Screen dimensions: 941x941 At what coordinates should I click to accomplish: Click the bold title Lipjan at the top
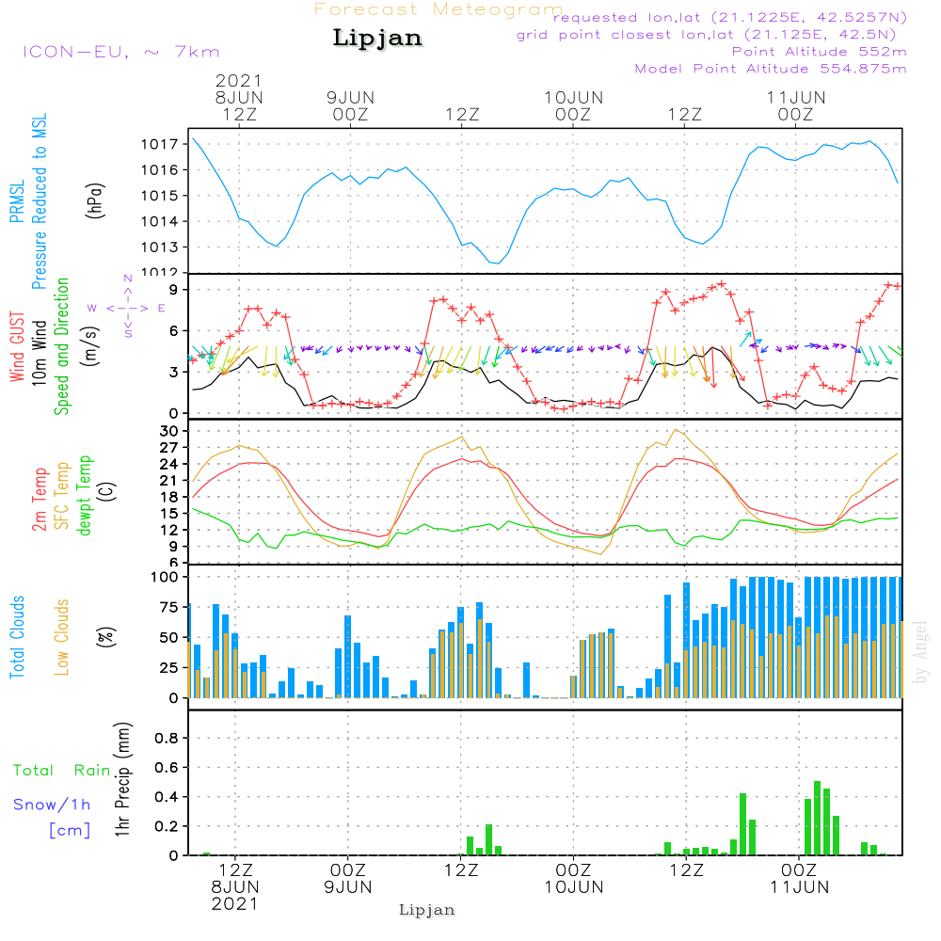pyautogui.click(x=377, y=39)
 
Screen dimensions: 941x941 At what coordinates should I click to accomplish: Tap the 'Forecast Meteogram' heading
pyautogui.click(x=439, y=10)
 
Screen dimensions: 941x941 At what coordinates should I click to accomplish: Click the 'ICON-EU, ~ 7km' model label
pyautogui.click(x=120, y=52)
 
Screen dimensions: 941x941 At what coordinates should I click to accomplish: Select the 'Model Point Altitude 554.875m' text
pyautogui.click(x=771, y=69)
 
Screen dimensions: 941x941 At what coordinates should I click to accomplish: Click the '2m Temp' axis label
pyautogui.click(x=40, y=498)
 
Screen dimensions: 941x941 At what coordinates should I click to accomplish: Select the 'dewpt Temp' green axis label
pyautogui.click(x=86, y=496)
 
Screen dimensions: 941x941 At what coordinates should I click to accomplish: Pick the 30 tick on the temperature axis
pyautogui.click(x=169, y=432)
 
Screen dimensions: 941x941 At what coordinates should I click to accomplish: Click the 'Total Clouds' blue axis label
pyautogui.click(x=17, y=637)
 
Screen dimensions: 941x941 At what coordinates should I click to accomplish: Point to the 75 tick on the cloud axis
pyautogui.click(x=169, y=608)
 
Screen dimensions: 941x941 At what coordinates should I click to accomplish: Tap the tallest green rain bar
pyautogui.click(x=817, y=818)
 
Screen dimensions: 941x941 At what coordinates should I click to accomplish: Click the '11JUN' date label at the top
pyautogui.click(x=796, y=98)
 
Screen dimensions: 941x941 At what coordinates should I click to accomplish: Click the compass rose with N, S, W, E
pyautogui.click(x=128, y=308)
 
